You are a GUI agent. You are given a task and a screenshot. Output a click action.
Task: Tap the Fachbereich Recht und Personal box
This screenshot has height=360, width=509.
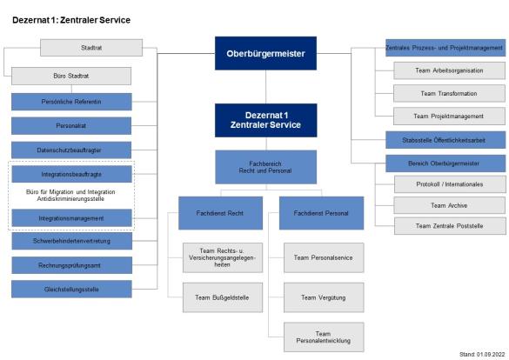(x=265, y=167)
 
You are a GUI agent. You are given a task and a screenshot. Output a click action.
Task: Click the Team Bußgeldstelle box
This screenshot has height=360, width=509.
(x=217, y=297)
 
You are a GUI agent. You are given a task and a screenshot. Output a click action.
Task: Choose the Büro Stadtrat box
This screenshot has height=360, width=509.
(x=71, y=77)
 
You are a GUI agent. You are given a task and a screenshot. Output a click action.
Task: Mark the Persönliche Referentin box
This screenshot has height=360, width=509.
(x=71, y=101)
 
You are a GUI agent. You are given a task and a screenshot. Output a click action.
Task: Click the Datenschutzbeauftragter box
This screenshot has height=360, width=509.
(x=71, y=150)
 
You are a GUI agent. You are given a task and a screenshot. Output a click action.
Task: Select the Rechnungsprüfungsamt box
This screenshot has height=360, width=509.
(x=71, y=263)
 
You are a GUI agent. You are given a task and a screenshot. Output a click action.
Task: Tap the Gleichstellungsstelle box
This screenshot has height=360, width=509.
(x=71, y=288)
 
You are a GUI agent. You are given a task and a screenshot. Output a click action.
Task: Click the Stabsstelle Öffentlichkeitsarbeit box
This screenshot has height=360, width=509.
(x=445, y=140)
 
